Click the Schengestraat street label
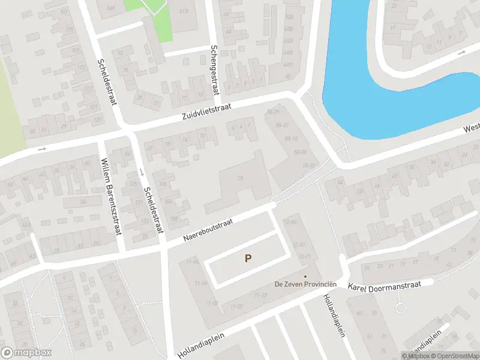tap(213, 70)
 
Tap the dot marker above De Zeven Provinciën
tap(305, 277)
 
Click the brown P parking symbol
tap(247, 259)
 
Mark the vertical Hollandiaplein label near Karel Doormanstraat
tap(334, 315)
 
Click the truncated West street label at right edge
tap(472, 129)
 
